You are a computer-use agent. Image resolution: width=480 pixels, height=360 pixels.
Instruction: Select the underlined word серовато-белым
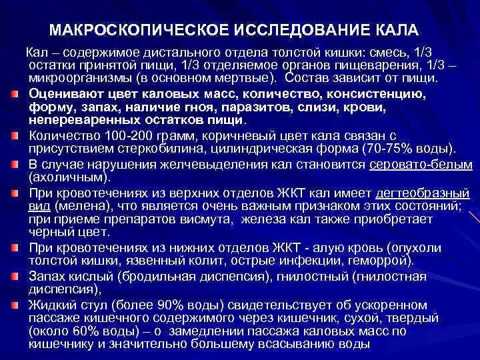[424, 165]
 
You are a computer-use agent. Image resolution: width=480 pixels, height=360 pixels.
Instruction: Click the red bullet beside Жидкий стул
[14, 305]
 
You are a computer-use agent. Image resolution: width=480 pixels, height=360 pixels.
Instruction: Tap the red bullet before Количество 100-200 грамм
[14, 136]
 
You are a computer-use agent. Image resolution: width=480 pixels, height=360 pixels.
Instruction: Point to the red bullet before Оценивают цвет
[14, 95]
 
